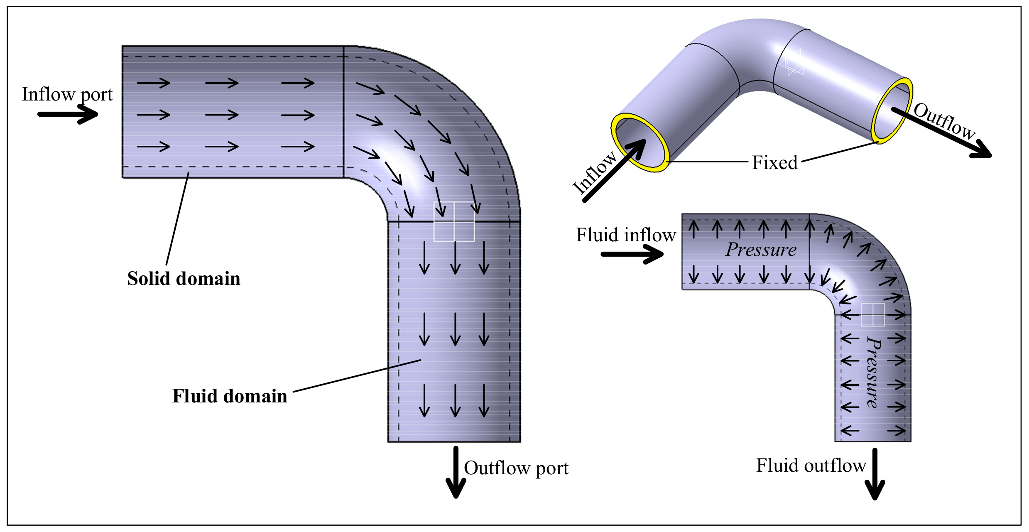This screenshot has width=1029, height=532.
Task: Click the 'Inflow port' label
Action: click(67, 95)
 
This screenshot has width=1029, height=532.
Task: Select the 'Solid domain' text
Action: click(184, 279)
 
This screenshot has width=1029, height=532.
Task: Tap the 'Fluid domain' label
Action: click(230, 396)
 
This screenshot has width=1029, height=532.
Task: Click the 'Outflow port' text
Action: click(516, 468)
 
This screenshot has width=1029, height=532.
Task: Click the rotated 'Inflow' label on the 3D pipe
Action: click(594, 173)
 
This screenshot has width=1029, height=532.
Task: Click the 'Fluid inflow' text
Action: click(626, 235)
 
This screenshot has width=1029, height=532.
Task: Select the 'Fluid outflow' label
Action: click(811, 466)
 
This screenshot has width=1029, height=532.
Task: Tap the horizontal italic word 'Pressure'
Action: click(761, 250)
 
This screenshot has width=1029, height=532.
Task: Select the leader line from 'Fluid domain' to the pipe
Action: click(357, 376)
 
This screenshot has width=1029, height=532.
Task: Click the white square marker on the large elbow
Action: click(454, 221)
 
